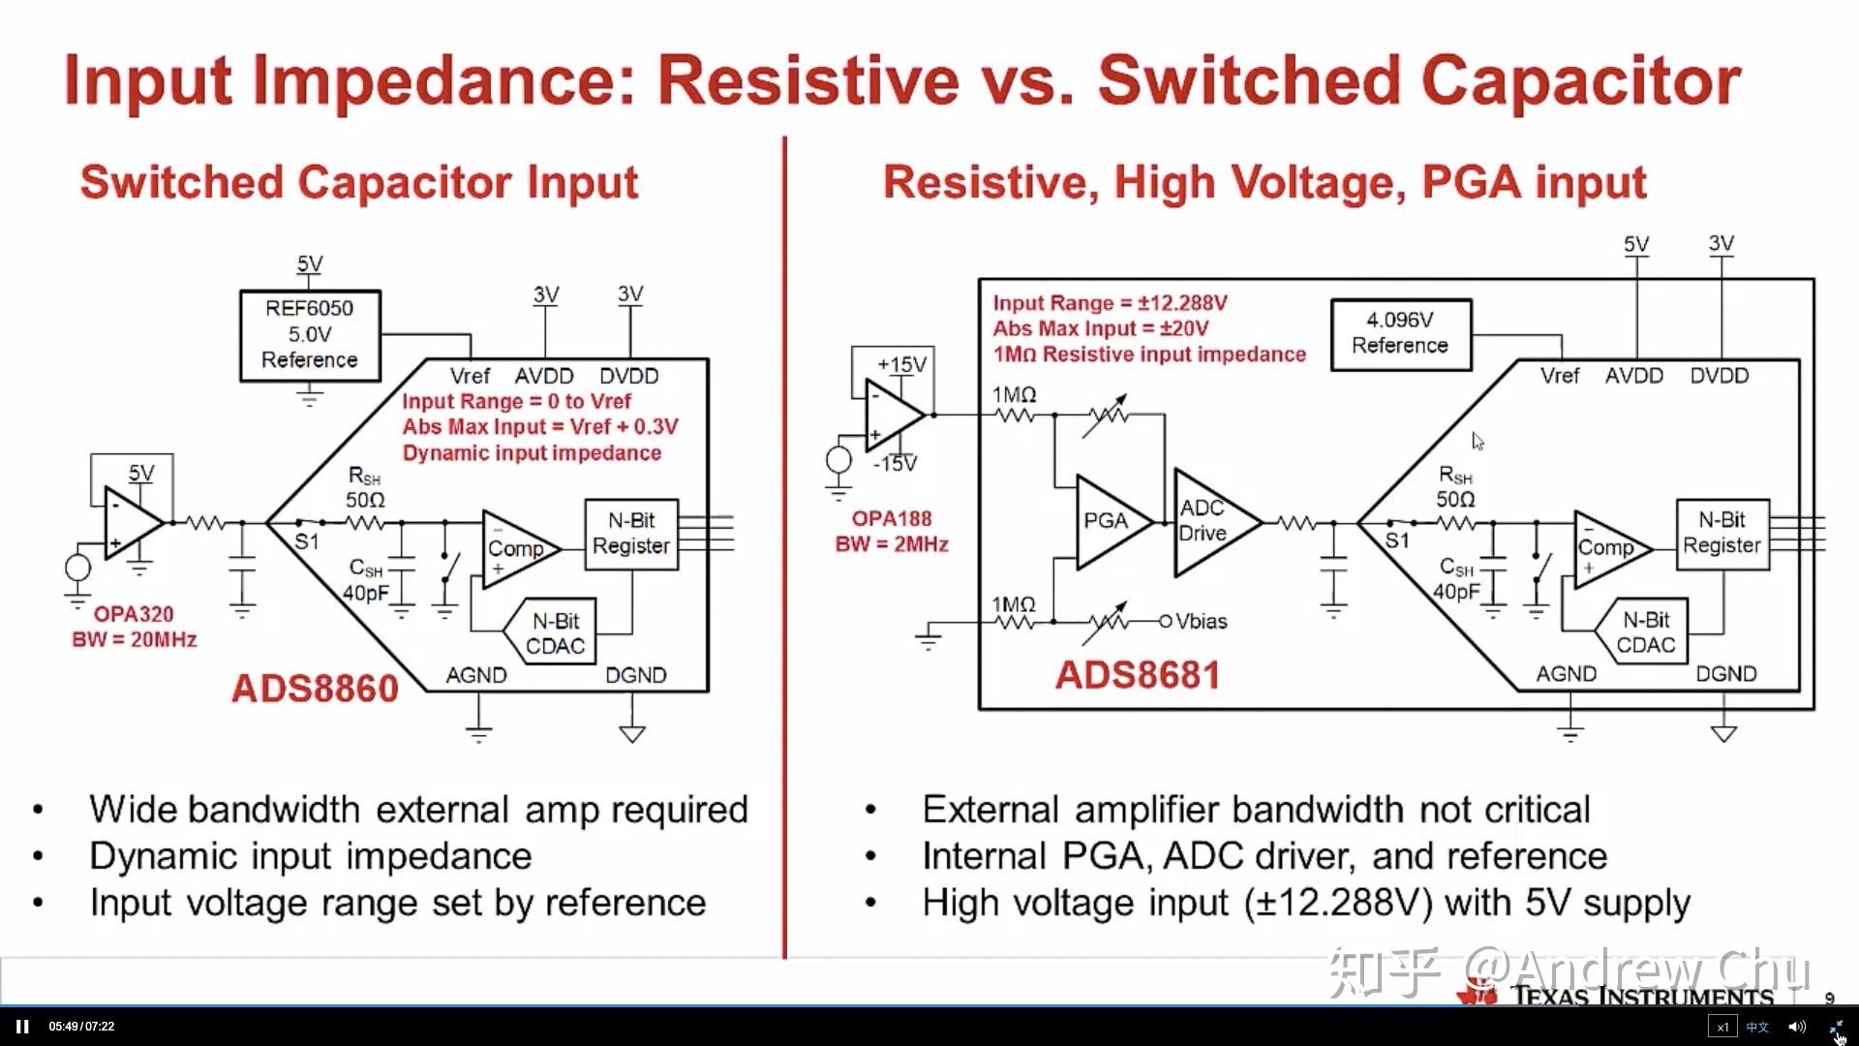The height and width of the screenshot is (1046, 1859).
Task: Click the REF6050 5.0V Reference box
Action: tap(310, 335)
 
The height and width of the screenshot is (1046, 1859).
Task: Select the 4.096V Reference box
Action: tap(1400, 334)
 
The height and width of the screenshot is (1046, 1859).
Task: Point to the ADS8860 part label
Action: tap(315, 689)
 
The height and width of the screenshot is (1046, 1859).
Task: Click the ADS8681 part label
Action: tap(1138, 675)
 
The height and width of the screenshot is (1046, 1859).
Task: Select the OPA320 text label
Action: tap(134, 614)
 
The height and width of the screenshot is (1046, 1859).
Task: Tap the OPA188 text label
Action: tap(891, 518)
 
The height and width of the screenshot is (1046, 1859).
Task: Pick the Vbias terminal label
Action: tap(1201, 621)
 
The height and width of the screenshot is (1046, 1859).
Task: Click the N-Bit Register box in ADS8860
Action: tap(631, 534)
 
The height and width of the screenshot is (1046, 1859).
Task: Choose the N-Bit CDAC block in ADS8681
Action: tap(1645, 632)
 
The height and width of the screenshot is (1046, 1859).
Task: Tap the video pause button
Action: tap(22, 1027)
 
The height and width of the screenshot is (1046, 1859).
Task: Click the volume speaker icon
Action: tap(1796, 1027)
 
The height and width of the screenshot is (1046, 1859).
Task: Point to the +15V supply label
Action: tap(901, 365)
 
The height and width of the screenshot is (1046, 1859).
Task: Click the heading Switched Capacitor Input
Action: tap(359, 182)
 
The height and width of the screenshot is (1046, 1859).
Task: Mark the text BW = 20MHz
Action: tap(135, 640)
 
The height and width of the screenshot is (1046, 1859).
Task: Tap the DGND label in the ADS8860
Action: tap(635, 675)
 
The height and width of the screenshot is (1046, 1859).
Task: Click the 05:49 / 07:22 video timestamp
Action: tap(81, 1027)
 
